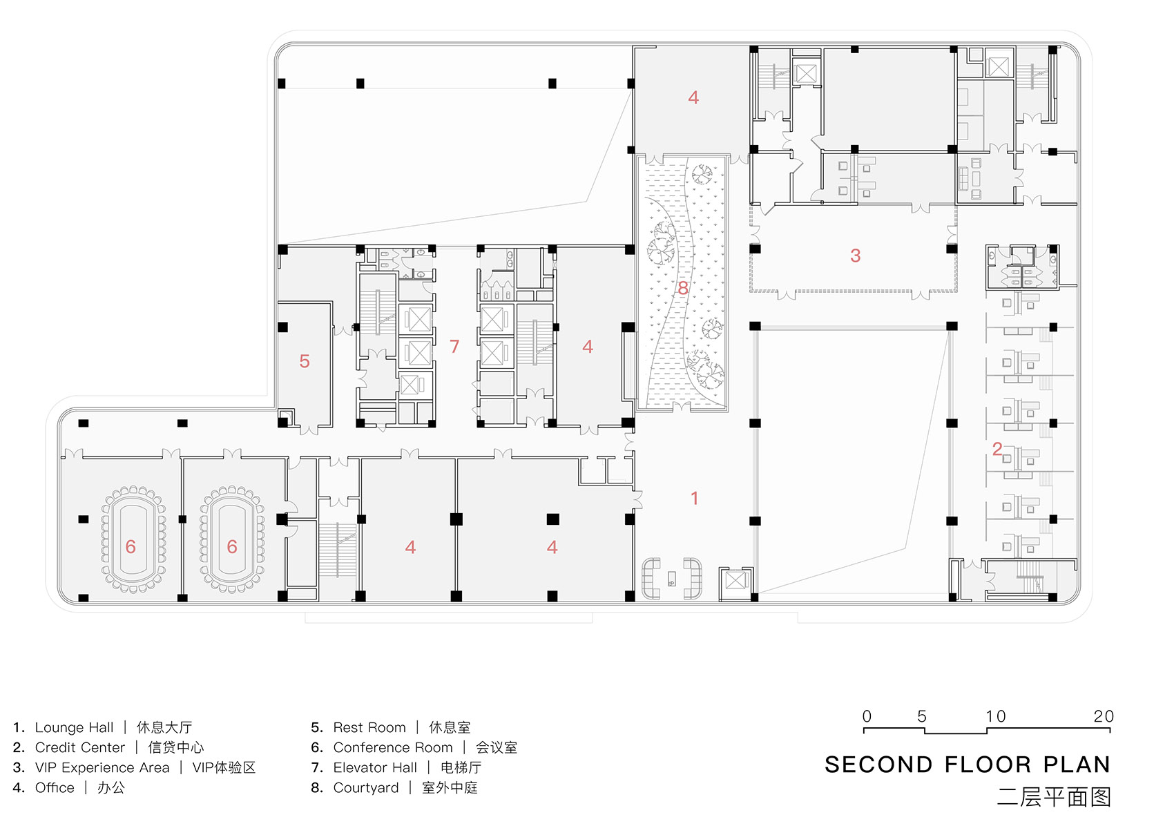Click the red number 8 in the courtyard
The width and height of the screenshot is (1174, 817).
click(683, 288)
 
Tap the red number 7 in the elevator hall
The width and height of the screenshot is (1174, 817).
click(454, 346)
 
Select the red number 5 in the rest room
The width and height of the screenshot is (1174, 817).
click(305, 361)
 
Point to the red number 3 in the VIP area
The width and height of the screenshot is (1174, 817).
click(856, 256)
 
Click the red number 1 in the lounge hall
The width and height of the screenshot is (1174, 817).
click(695, 498)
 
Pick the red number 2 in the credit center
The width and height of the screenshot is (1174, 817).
click(997, 449)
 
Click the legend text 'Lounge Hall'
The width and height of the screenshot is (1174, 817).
click(74, 727)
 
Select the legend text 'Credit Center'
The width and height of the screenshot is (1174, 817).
click(79, 747)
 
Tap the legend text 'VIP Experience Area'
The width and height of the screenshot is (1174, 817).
click(102, 768)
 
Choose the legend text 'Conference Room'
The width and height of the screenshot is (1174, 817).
click(392, 747)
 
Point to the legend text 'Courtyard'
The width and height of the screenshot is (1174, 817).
click(366, 788)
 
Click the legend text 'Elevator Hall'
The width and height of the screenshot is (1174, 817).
click(375, 768)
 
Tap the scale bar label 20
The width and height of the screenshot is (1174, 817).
click(1104, 716)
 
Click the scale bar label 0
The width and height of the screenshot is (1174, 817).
click(867, 716)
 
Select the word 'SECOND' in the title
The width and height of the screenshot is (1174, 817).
click(879, 765)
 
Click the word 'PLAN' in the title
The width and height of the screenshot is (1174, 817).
click(1077, 765)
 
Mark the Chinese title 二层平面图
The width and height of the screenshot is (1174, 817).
click(1054, 797)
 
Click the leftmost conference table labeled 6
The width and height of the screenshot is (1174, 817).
click(133, 539)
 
